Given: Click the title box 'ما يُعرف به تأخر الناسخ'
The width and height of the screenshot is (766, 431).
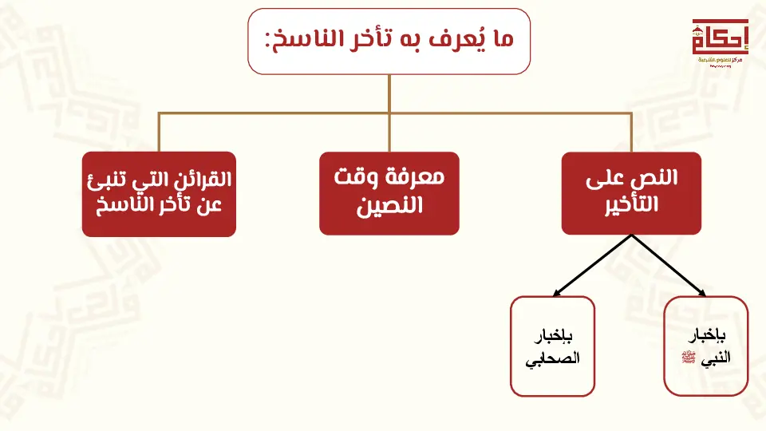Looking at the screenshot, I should point(389,42).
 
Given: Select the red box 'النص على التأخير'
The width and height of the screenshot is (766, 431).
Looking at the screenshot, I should point(631,192).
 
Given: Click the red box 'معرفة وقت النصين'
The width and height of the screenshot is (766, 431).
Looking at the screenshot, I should point(389,193).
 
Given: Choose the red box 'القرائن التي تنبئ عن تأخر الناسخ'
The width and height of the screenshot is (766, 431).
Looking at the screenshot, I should point(159,194).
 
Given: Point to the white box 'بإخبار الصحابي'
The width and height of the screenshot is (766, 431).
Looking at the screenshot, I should point(552,346).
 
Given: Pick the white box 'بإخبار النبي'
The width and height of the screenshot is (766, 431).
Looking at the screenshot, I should point(706,346).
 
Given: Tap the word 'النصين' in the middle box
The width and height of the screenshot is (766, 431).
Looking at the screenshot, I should point(389,207).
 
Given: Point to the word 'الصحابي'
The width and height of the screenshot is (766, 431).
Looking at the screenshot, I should point(552,358).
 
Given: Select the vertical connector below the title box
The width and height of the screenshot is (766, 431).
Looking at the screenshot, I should point(389,93).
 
